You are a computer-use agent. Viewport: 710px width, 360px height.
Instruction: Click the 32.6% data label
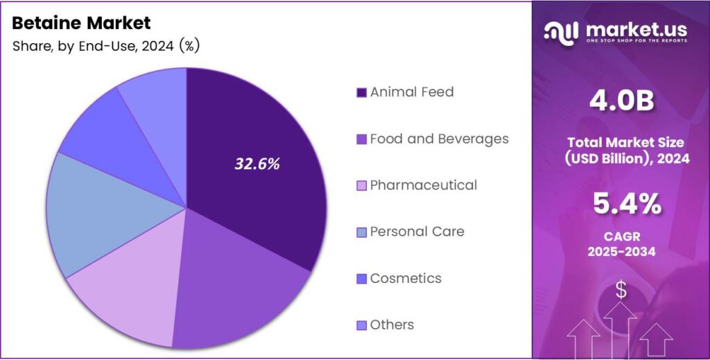[257, 164]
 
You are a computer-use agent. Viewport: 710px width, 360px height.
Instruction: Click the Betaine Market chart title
[81, 23]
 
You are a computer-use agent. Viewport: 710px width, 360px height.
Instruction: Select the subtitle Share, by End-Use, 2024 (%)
[106, 46]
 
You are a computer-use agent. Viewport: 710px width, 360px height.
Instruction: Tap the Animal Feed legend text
[411, 92]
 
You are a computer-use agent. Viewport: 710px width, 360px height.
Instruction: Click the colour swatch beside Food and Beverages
[361, 139]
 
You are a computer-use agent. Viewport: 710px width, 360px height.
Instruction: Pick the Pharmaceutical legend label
[423, 185]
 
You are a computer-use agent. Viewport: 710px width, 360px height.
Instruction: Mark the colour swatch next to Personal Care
[361, 232]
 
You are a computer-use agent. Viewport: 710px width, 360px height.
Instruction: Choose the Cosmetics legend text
[406, 278]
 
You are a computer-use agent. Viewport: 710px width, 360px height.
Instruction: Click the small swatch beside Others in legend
[361, 325]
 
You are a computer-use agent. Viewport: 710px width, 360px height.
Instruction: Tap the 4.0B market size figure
[621, 101]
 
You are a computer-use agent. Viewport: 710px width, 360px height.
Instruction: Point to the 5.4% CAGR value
[621, 204]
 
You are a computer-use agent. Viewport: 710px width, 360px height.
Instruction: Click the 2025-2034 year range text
[621, 251]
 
